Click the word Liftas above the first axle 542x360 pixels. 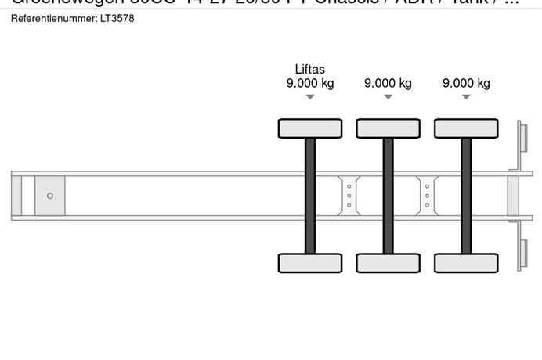pyautogui.click(x=310, y=69)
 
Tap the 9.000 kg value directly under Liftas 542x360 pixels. pyautogui.click(x=310, y=83)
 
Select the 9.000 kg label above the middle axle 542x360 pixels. pyautogui.click(x=388, y=83)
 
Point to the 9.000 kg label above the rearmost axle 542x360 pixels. pyautogui.click(x=466, y=83)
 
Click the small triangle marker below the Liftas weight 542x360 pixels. pyautogui.click(x=310, y=97)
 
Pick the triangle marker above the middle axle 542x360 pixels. pyautogui.click(x=388, y=97)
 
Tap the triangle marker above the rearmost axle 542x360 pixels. pyautogui.click(x=466, y=97)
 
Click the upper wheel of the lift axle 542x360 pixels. pyautogui.click(x=310, y=128)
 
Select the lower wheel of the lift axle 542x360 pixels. pyautogui.click(x=310, y=263)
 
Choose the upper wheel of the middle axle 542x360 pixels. pyautogui.click(x=388, y=128)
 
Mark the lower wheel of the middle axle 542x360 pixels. pyautogui.click(x=388, y=263)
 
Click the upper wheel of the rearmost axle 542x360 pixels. pyautogui.click(x=466, y=128)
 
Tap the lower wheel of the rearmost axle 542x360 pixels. pyautogui.click(x=466, y=263)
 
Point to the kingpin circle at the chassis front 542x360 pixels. pyautogui.click(x=50, y=196)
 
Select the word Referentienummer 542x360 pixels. pyautogui.click(x=52, y=18)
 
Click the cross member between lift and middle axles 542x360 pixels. pyautogui.click(x=349, y=195)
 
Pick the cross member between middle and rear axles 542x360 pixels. pyautogui.click(x=427, y=195)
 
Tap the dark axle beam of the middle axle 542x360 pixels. pyautogui.click(x=388, y=195)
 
